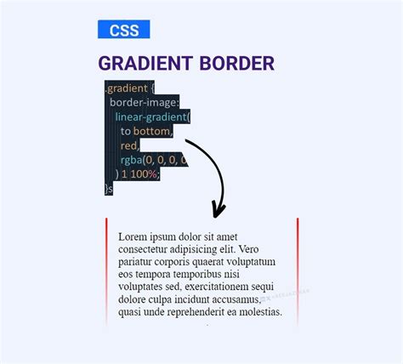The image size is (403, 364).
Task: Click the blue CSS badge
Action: click(123, 30)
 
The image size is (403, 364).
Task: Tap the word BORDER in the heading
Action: click(237, 64)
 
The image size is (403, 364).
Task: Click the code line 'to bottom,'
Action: click(146, 131)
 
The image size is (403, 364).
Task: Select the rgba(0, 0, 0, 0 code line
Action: click(153, 160)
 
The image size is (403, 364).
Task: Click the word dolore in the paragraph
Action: click(135, 300)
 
